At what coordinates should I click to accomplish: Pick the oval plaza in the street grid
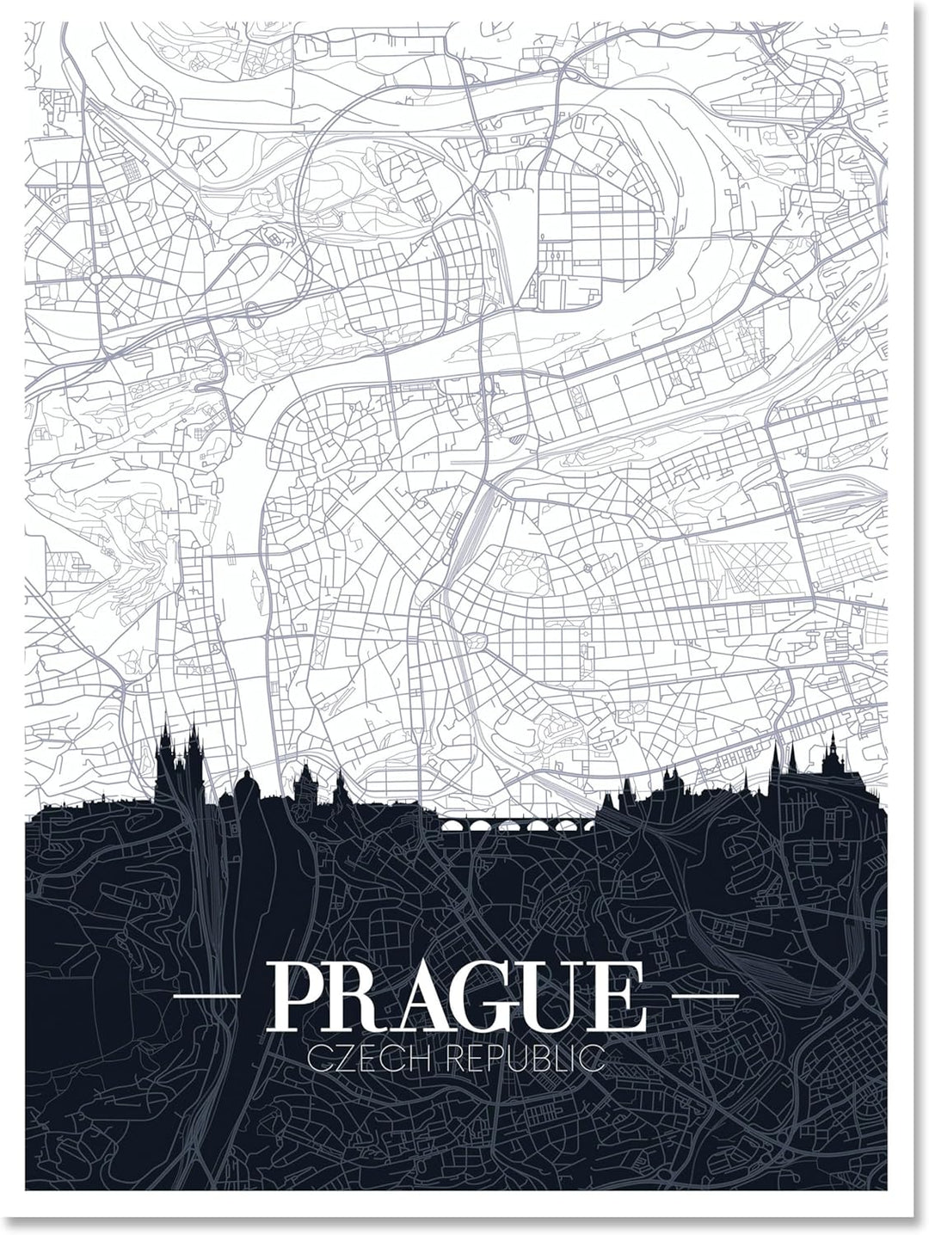pyautogui.click(x=475, y=641)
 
